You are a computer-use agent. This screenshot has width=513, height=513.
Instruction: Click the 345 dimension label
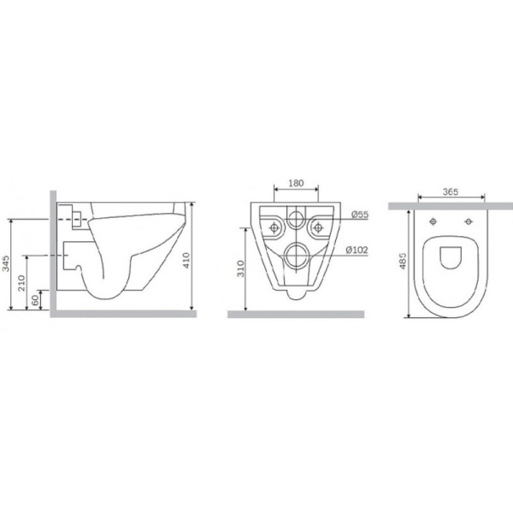tap(6, 263)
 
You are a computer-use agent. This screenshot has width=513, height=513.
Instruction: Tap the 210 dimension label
tap(21, 283)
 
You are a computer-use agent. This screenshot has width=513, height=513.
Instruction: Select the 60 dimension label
tap(35, 299)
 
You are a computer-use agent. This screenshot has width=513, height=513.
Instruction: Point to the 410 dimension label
tap(186, 260)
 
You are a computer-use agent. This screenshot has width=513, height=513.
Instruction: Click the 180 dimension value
tap(296, 183)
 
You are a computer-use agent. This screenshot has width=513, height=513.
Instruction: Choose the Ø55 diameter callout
tap(360, 215)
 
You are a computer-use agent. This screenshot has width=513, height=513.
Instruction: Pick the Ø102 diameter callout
tap(357, 251)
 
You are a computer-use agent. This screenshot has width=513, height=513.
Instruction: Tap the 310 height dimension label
tap(241, 268)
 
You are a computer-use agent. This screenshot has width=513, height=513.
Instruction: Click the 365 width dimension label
tap(451, 192)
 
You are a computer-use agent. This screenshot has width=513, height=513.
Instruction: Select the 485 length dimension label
tap(403, 261)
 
